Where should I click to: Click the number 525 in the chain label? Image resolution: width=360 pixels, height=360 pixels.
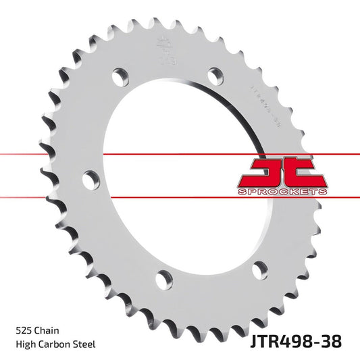tap(22, 331)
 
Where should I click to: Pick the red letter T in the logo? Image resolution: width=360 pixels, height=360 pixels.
tap(301, 172)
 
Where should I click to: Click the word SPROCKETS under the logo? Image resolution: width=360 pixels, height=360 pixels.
tap(282, 192)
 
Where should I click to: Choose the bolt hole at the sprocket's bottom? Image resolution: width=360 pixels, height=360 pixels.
tap(163, 278)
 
